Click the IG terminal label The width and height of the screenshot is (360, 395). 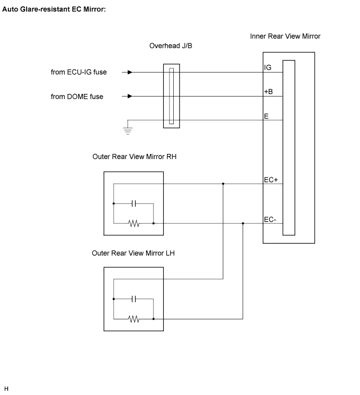point(268,67)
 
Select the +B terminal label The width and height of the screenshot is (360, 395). point(268,91)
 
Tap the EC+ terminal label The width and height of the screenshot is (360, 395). point(271,180)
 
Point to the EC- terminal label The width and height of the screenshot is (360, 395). point(270,220)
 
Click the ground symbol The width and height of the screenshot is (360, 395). point(128,131)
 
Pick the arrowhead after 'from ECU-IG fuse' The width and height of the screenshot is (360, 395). point(130,73)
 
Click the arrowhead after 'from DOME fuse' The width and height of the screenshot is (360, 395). point(130,96)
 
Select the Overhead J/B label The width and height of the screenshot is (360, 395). point(171,46)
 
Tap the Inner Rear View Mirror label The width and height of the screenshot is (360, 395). point(285,37)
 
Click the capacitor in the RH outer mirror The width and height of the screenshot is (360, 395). point(134,204)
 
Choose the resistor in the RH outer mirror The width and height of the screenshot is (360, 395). point(134,223)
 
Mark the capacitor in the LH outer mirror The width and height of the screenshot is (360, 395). point(134,299)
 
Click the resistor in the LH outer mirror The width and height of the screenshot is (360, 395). point(134,319)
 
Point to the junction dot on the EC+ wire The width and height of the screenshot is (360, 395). point(223,184)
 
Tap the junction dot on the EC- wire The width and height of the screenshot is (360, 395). point(243,223)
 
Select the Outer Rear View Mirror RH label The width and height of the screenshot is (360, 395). point(135,157)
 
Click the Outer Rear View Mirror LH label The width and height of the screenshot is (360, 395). point(133,253)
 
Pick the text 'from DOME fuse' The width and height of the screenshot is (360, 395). point(77,97)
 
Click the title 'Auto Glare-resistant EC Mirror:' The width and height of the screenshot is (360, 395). point(54,9)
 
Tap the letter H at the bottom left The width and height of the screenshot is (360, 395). point(6,389)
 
